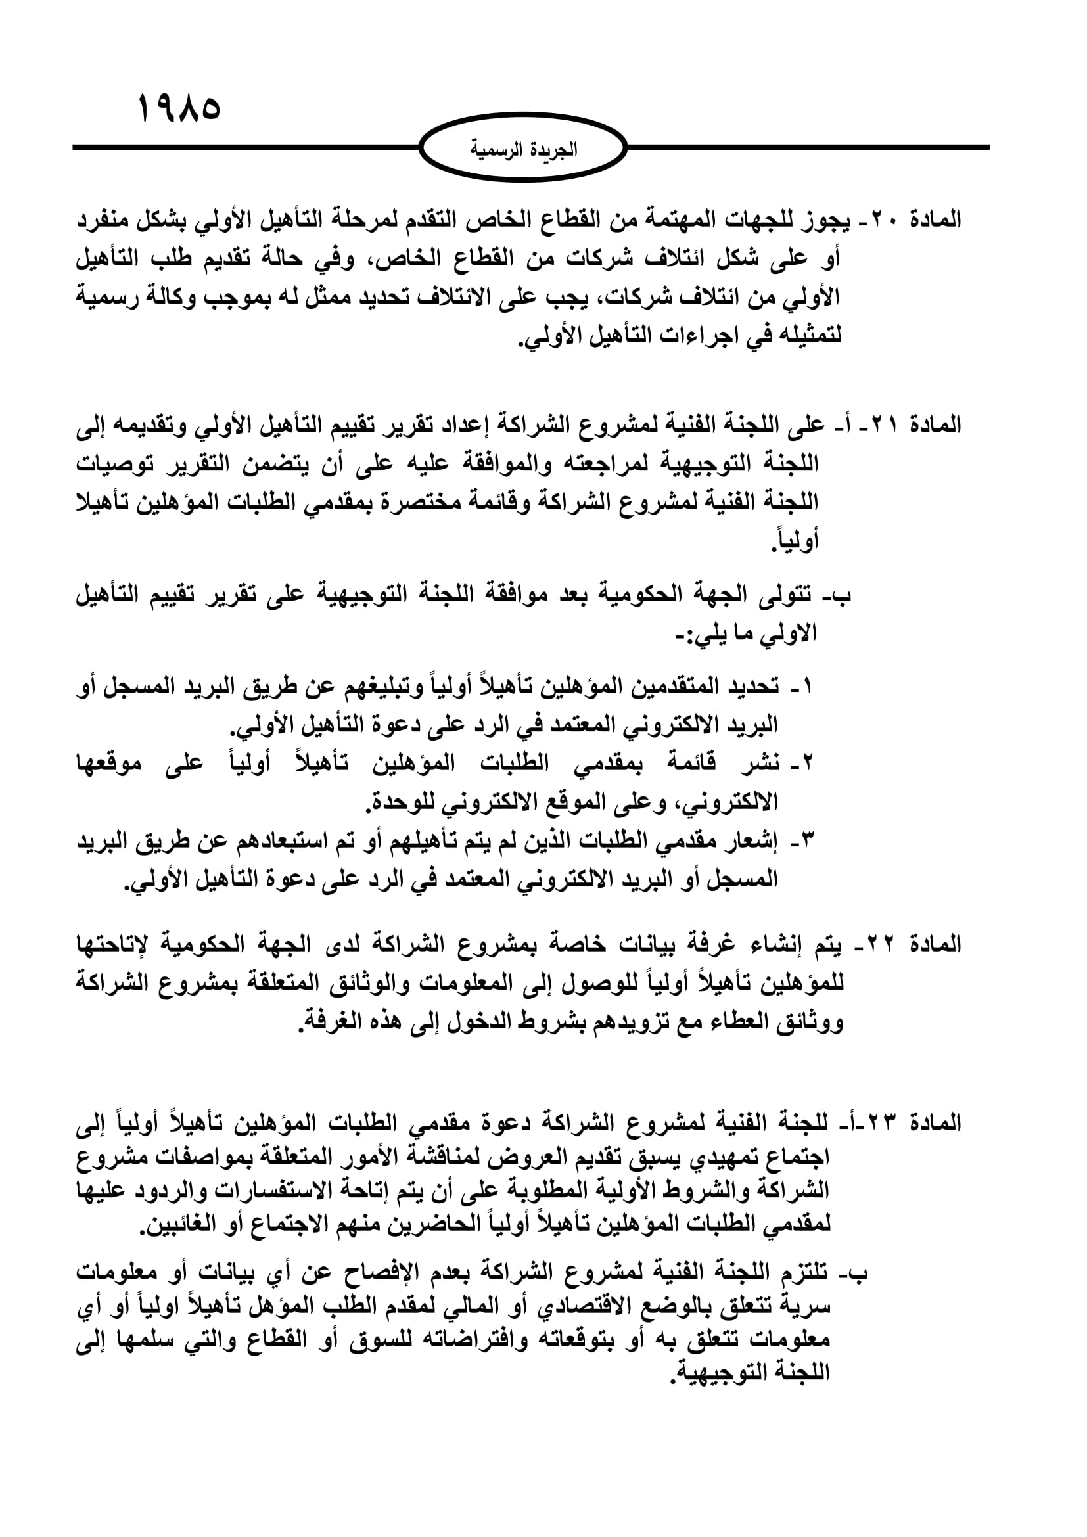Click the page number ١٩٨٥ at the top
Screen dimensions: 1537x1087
click(179, 108)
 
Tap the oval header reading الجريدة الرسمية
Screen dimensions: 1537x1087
click(522, 148)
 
